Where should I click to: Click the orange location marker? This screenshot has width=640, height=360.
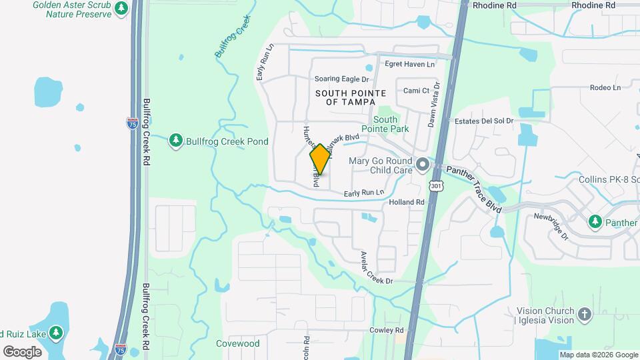(320, 159)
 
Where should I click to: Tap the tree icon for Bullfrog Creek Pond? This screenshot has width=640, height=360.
(176, 141)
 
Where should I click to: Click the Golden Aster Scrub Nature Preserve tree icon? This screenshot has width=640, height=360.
(121, 8)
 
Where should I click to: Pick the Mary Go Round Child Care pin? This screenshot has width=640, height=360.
(422, 164)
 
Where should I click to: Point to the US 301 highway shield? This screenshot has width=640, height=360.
(435, 185)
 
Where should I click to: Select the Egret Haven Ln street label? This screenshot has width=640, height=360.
(409, 64)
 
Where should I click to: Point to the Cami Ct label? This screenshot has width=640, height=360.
(417, 91)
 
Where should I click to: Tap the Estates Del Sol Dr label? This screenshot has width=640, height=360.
(484, 121)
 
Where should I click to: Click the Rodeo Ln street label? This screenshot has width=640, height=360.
(605, 87)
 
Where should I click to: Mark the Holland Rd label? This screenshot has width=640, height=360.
(407, 202)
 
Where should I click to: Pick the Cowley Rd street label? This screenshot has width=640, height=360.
(387, 331)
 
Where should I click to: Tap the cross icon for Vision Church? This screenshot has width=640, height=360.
(585, 315)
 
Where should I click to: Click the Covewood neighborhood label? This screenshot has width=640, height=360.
(237, 344)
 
